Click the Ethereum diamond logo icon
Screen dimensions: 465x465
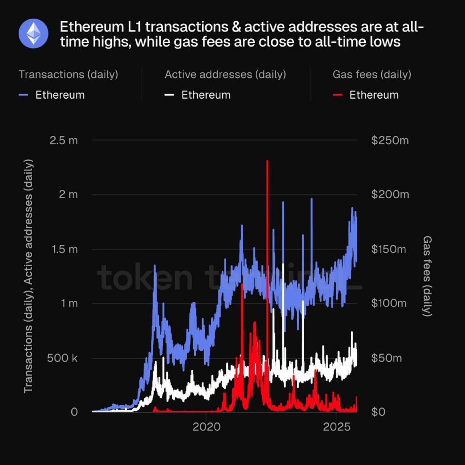33,33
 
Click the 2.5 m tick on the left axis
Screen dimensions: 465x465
64,140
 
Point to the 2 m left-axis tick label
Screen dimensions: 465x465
68,195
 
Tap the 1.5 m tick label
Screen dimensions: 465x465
65,249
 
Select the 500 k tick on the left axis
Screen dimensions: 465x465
62,358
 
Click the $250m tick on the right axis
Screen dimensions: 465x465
390,140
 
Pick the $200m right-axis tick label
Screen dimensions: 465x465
390,195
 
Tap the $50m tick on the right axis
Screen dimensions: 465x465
386,358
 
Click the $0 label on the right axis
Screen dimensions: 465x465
379,412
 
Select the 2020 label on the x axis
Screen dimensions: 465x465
207,427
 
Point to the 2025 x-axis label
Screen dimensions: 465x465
336,427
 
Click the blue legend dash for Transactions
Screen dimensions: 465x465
24,95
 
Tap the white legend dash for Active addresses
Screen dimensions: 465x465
169,95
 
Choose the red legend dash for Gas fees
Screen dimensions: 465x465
338,95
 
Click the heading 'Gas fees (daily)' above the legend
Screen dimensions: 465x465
372,74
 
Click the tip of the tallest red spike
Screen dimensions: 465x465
267,160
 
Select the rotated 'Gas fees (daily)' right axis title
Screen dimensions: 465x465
427,276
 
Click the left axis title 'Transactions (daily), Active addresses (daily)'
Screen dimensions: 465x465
28,276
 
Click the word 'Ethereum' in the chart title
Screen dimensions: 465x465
91,27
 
